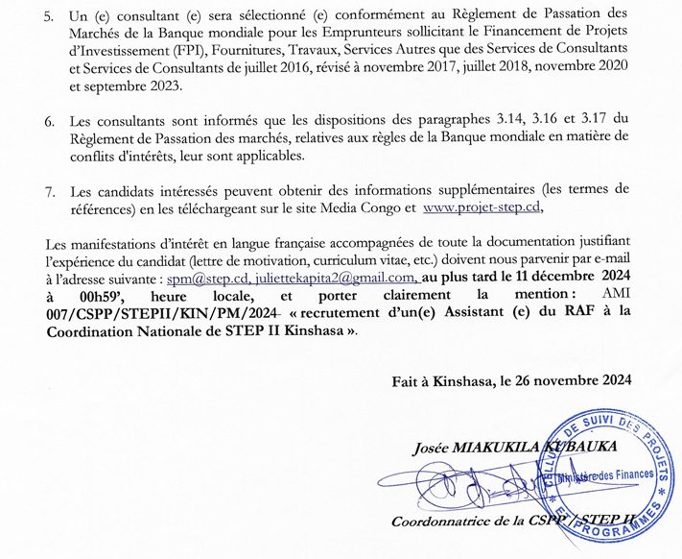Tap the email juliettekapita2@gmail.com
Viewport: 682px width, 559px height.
pos(321,279)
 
